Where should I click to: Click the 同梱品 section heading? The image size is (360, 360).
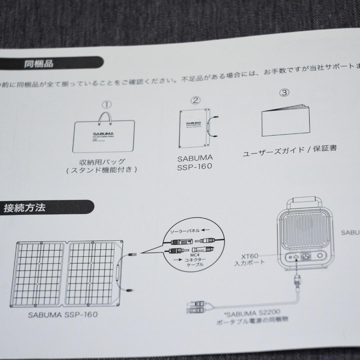(39, 64)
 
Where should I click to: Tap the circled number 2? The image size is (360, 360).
(196, 100)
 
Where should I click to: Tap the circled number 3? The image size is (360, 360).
(284, 93)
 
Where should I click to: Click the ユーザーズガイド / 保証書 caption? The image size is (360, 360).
(289, 150)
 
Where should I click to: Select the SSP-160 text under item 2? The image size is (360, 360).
(195, 167)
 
